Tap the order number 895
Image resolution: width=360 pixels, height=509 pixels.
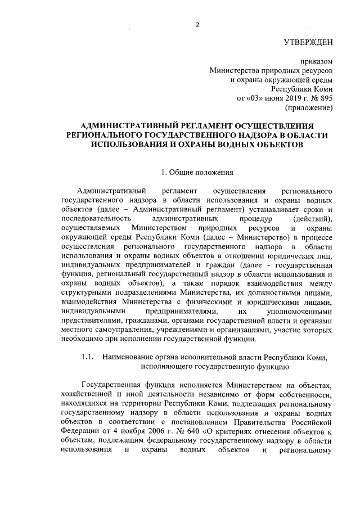pyautogui.click(x=326, y=98)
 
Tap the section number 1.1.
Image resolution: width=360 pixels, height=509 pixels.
pyautogui.click(x=87, y=358)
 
